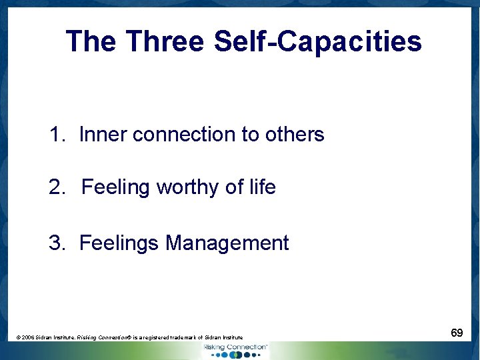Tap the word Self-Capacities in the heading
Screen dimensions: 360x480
tap(318, 42)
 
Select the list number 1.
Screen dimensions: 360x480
tap(56, 135)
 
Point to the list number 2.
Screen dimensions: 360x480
tap(56, 187)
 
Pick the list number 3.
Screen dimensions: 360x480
tap(56, 243)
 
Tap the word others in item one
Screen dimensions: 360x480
tap(294, 135)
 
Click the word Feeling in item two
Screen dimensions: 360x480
tap(116, 187)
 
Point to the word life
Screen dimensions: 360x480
tap(261, 187)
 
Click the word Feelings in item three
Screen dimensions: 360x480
tap(119, 243)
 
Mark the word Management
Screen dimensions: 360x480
tap(227, 243)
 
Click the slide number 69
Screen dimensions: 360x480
tap(457, 332)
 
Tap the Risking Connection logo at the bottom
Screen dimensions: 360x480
tap(235, 351)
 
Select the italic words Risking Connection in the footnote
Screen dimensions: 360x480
tap(105, 338)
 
